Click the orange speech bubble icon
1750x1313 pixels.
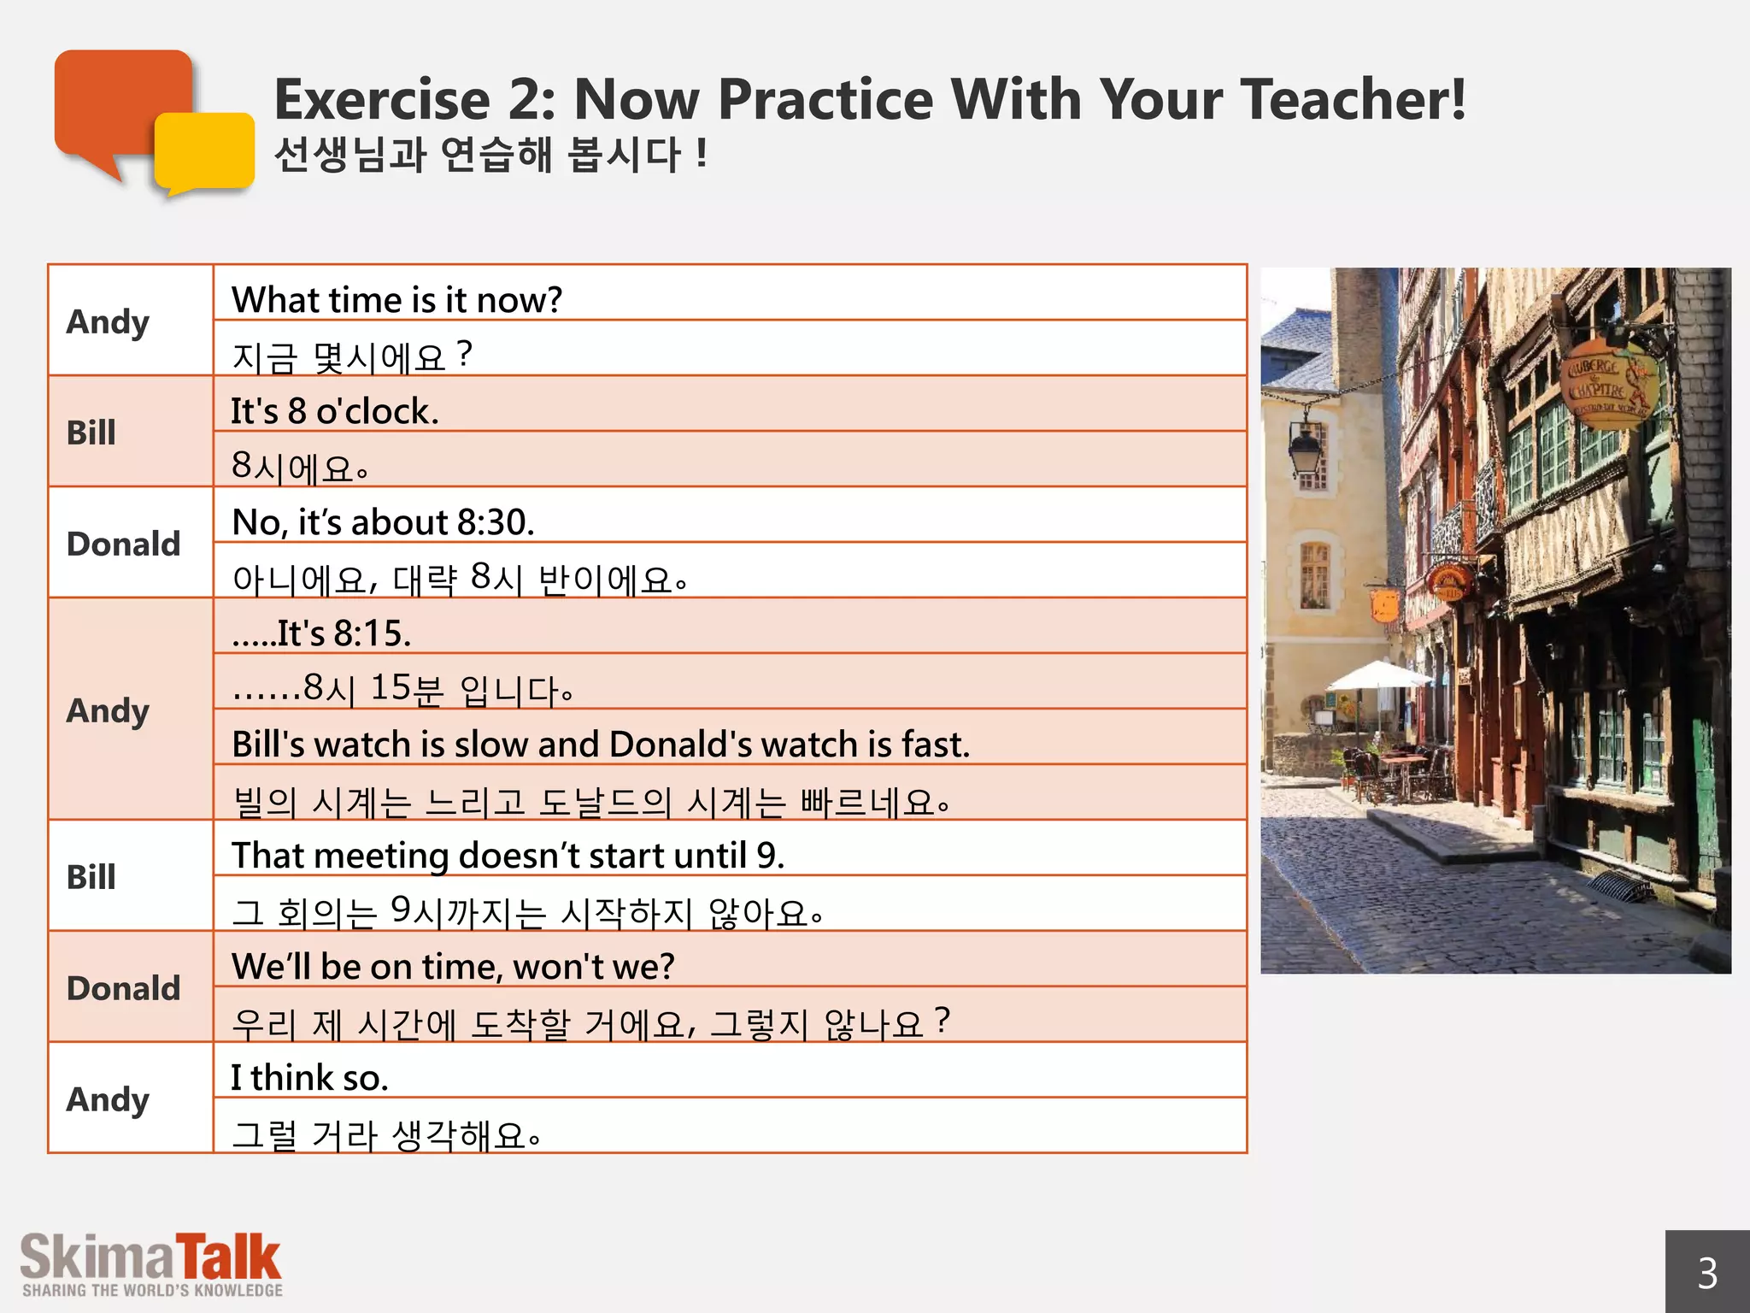click(x=120, y=103)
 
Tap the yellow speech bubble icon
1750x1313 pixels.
click(x=205, y=152)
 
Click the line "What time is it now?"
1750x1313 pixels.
click(x=396, y=300)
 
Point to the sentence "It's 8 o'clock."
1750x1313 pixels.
click(x=334, y=411)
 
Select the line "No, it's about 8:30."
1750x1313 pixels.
click(x=383, y=522)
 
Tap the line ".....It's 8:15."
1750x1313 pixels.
click(x=321, y=633)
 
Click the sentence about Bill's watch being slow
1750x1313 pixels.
click(x=601, y=745)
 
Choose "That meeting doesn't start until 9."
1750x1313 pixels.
click(x=508, y=856)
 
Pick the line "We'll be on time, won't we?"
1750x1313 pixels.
click(x=453, y=967)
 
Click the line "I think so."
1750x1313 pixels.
click(x=309, y=1078)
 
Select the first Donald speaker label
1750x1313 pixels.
click(x=124, y=544)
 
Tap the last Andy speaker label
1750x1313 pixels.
click(x=108, y=1099)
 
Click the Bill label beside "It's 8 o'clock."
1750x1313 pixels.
click(x=91, y=433)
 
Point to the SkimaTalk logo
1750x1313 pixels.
click(x=151, y=1264)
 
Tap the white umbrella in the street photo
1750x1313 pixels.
click(x=1378, y=676)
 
